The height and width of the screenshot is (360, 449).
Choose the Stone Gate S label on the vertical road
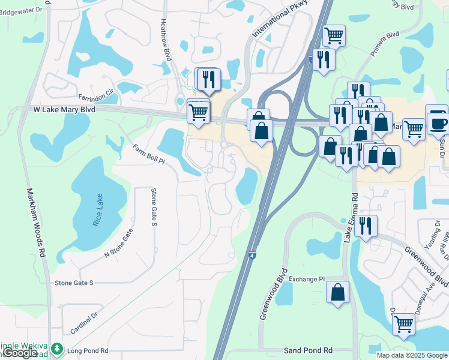click(154, 208)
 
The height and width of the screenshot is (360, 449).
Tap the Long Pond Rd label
click(88, 350)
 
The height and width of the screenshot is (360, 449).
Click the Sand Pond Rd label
click(308, 350)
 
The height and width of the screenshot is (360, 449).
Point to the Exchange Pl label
click(306, 279)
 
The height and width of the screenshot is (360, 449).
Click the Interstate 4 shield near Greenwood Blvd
click(252, 255)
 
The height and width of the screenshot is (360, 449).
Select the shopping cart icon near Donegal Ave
click(404, 324)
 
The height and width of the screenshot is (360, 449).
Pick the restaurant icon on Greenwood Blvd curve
click(365, 226)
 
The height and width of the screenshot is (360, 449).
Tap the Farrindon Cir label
click(95, 96)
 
